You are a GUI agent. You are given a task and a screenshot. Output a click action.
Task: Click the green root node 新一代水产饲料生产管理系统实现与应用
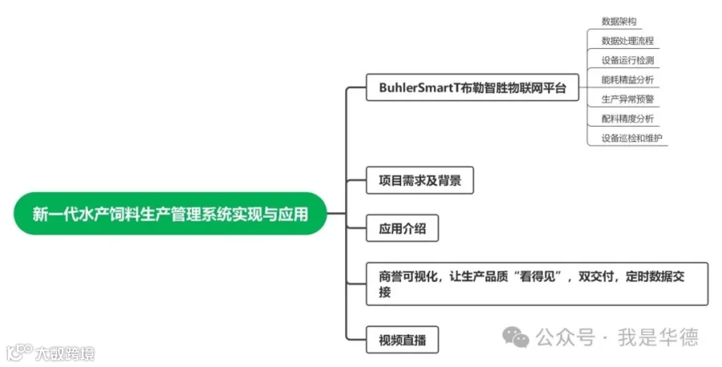point(170,214)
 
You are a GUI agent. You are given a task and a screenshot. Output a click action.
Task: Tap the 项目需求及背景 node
point(420,181)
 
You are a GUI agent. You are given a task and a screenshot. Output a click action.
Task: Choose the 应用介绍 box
point(403,229)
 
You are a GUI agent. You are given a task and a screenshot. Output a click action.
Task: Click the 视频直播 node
point(403,340)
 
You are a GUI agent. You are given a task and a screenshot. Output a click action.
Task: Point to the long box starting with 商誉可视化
point(537,283)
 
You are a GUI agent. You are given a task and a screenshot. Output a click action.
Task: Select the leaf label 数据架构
point(619,22)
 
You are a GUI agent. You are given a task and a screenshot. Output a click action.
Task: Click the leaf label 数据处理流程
point(627,41)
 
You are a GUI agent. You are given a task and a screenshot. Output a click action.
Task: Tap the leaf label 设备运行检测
point(627,60)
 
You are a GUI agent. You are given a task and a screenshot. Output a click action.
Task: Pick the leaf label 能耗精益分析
point(627,80)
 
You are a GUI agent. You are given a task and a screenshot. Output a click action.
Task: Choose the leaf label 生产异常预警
point(627,99)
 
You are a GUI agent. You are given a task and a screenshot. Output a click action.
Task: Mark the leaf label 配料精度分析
point(627,118)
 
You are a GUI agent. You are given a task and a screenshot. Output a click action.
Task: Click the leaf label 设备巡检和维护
point(632,137)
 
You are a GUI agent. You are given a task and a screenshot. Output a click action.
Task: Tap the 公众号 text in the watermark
point(566,337)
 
